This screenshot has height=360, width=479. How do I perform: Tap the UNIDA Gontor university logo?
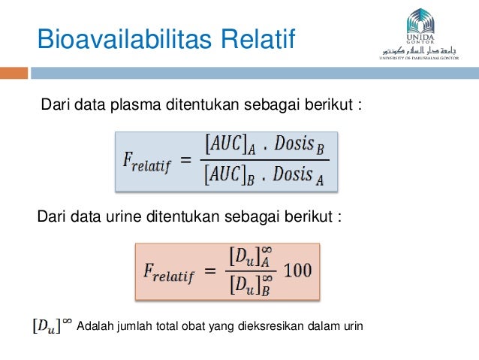(x=424, y=34)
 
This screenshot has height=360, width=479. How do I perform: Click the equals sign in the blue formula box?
(x=185, y=159)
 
